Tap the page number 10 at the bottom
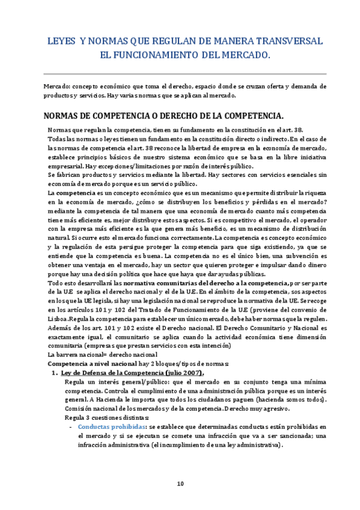click(x=180, y=484)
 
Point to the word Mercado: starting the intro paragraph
click(x=58, y=86)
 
